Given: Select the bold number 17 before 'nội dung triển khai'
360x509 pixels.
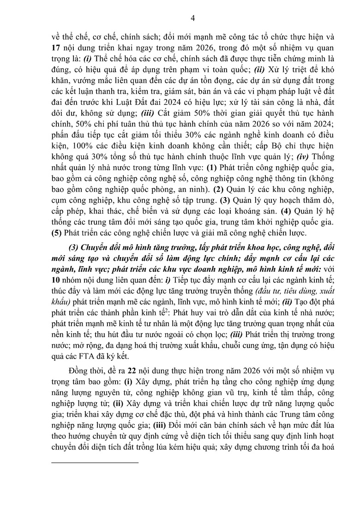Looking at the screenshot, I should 56,48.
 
